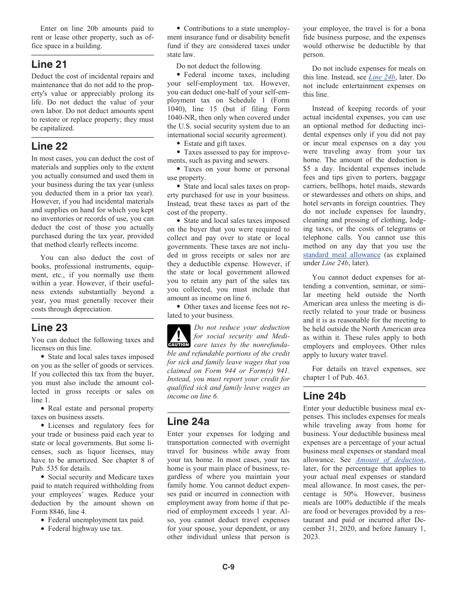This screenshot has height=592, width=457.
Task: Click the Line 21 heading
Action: (49, 64)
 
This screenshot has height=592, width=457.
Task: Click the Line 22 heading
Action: (49, 146)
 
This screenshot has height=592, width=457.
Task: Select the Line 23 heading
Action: (49, 328)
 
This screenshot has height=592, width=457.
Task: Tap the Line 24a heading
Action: (188, 422)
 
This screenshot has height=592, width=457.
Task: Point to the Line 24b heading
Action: (324, 396)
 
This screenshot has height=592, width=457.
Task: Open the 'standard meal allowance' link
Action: (342, 255)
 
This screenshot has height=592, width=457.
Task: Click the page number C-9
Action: (228, 567)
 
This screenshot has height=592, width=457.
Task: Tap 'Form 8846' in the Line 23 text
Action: (49, 512)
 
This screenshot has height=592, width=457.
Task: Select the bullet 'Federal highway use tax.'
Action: (85, 528)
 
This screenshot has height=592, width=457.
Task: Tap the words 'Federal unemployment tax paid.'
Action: (96, 520)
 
